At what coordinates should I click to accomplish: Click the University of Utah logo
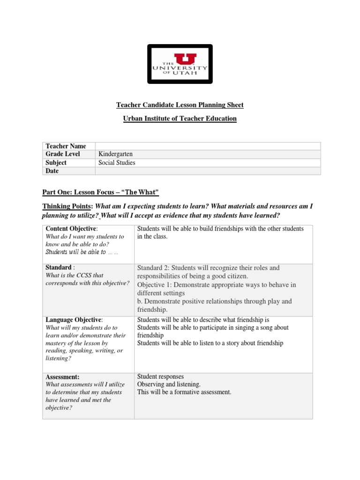[180, 64]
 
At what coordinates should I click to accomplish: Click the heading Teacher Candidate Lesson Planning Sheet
[180, 105]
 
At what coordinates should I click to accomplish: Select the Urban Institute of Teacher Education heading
[180, 119]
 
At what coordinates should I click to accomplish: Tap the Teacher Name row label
[66, 146]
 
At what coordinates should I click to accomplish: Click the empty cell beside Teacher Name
[208, 146]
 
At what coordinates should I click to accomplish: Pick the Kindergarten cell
[116, 154]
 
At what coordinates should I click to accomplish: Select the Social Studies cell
[117, 163]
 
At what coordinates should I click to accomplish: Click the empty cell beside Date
[208, 171]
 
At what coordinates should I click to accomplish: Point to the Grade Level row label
[63, 154]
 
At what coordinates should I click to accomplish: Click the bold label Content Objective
[70, 229]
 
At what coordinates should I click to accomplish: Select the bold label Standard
[58, 267]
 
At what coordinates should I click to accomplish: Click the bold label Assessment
[62, 377]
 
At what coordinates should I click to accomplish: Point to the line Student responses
[160, 376]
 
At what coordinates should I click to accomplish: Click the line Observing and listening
[169, 384]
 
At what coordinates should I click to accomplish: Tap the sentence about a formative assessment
[184, 392]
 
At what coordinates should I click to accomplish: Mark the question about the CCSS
[87, 279]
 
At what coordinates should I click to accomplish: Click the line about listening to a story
[210, 343]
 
